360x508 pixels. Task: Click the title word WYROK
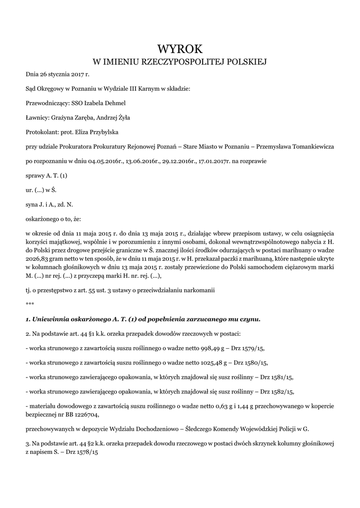(180, 49)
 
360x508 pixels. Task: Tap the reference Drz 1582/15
(277, 391)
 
